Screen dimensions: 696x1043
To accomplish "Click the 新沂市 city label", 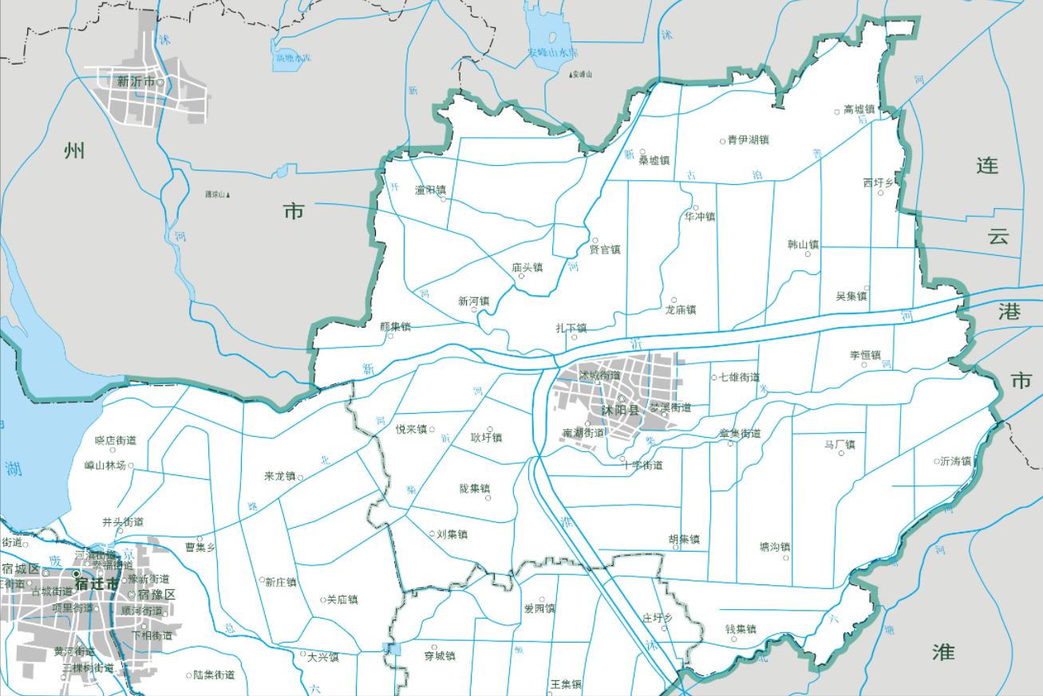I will coord(136,81).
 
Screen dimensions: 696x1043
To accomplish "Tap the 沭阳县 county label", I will coord(622,411).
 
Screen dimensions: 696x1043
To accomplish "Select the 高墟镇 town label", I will coord(859,109).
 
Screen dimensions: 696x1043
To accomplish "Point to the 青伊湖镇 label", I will coord(748,140).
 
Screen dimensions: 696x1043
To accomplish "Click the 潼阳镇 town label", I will coord(430,190).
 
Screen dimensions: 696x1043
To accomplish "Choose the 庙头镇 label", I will coord(527,267).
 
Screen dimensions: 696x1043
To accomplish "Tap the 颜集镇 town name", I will coord(395,326).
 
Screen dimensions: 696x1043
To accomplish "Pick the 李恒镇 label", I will coord(865,356).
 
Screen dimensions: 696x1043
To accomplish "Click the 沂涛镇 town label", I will coord(955,461).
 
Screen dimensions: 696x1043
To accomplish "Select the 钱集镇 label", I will coord(740,629).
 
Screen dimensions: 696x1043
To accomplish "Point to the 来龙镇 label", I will coord(279,476).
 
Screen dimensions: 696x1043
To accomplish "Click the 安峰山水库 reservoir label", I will coord(552,53).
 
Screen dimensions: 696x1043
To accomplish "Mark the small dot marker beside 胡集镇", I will coord(676,547).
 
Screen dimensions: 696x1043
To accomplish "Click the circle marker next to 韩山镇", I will coord(808,254).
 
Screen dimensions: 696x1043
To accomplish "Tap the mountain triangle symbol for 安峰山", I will coord(571,75).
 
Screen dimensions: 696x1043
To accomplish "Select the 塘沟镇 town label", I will coord(774,547).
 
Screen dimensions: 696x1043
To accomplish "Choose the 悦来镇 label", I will coord(411,429).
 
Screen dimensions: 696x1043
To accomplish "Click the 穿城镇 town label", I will coord(439,656).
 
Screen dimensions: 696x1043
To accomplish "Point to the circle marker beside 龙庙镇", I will coord(674,301).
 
